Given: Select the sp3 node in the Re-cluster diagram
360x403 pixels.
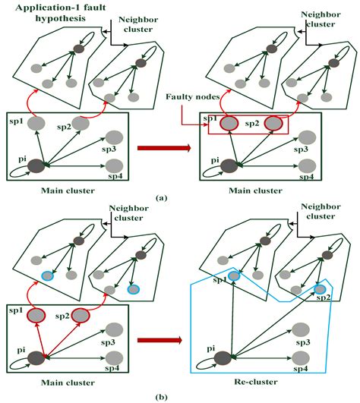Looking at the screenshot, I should (302, 329).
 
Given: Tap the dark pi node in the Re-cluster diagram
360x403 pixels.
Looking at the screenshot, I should (224, 357).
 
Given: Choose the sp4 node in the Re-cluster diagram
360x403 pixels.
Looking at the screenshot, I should (302, 360).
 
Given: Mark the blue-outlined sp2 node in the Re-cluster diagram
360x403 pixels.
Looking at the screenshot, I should (320, 289).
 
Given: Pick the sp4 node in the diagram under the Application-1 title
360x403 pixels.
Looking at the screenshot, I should (114, 165).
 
